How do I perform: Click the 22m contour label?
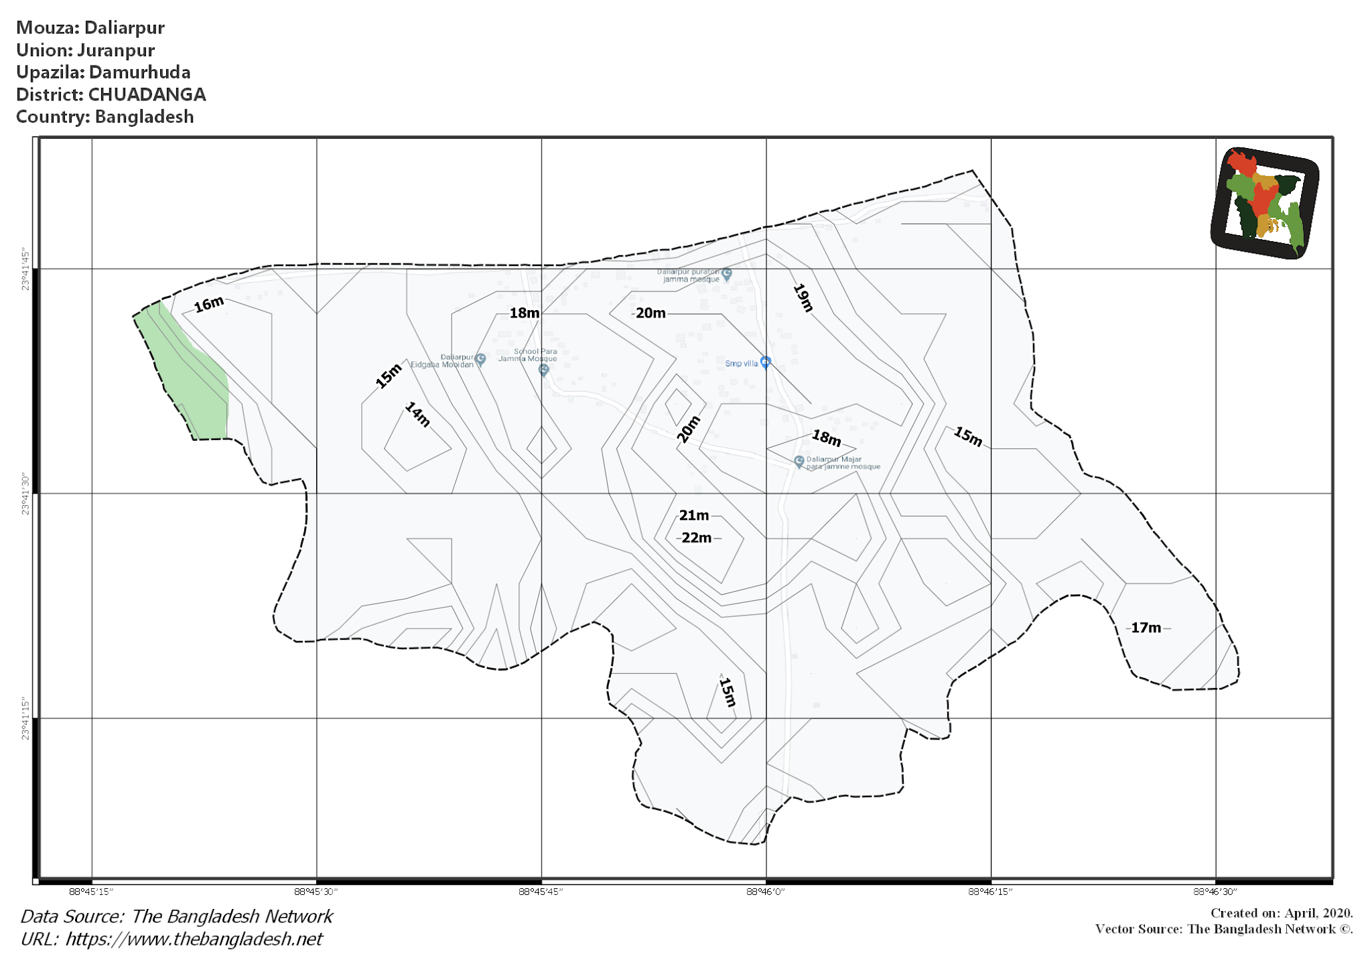tap(697, 538)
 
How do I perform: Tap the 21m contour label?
tap(694, 515)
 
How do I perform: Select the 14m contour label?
tap(417, 415)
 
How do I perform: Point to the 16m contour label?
tap(209, 304)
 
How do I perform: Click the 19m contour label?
tap(803, 297)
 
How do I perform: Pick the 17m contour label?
tap(1146, 628)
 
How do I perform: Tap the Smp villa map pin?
tap(765, 362)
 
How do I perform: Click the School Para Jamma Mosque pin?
tap(543, 369)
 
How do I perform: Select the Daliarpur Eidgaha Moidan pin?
tap(480, 360)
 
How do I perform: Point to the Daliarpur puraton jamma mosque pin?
tap(727, 273)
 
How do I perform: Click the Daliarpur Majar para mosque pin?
tap(799, 462)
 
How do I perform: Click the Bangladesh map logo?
tap(1265, 203)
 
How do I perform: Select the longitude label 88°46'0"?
tap(765, 892)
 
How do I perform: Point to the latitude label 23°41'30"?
tap(25, 494)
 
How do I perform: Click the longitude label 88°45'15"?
tap(91, 892)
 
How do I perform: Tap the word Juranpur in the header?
tap(115, 50)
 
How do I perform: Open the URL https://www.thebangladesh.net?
tap(194, 939)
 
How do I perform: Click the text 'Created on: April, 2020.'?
tap(1281, 913)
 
